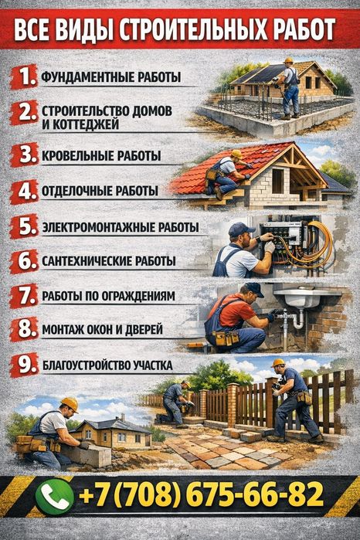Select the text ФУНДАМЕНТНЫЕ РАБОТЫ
[111, 77]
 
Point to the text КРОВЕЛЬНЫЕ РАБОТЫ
[101, 156]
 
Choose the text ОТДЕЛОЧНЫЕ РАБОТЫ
[100, 190]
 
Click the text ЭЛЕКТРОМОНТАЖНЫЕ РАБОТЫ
[120, 228]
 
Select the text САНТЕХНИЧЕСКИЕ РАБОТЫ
[108, 261]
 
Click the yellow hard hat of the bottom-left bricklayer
[70, 403]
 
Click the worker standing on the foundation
[289, 85]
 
